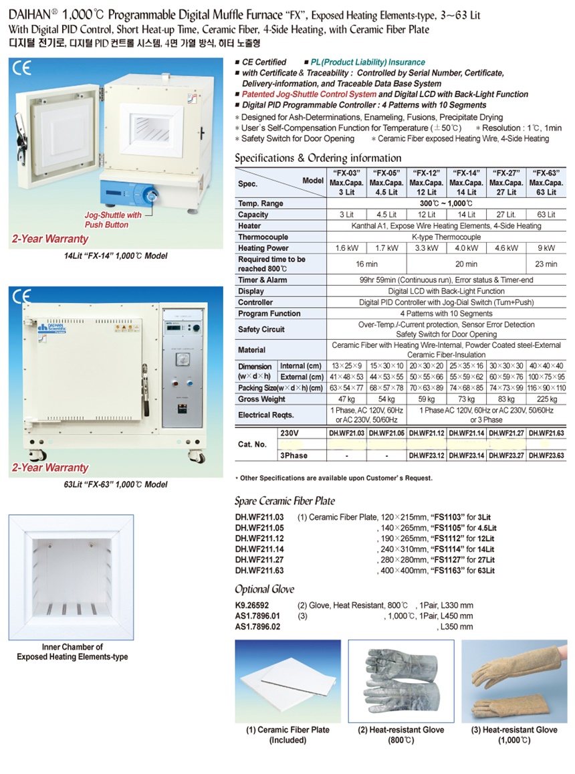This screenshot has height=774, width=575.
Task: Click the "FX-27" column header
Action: coord(506,182)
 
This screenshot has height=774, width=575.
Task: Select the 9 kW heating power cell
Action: coord(546,248)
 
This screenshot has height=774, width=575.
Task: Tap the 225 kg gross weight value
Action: coord(546,399)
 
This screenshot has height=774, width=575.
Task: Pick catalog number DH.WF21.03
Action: coord(348,433)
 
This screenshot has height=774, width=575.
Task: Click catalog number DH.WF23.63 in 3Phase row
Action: coord(546,456)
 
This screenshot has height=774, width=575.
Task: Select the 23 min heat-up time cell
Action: coord(546,264)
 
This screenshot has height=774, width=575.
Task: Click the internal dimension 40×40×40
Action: coord(546,366)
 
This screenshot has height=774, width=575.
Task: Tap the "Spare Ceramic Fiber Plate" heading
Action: coord(285,500)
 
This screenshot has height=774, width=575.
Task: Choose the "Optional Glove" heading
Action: coord(265,589)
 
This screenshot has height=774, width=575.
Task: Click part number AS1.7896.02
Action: coord(257,627)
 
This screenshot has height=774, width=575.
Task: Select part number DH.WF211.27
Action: coord(259,559)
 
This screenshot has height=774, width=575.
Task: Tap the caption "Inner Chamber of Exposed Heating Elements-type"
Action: coord(72,652)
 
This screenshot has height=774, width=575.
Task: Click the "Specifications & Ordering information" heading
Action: coord(318,159)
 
